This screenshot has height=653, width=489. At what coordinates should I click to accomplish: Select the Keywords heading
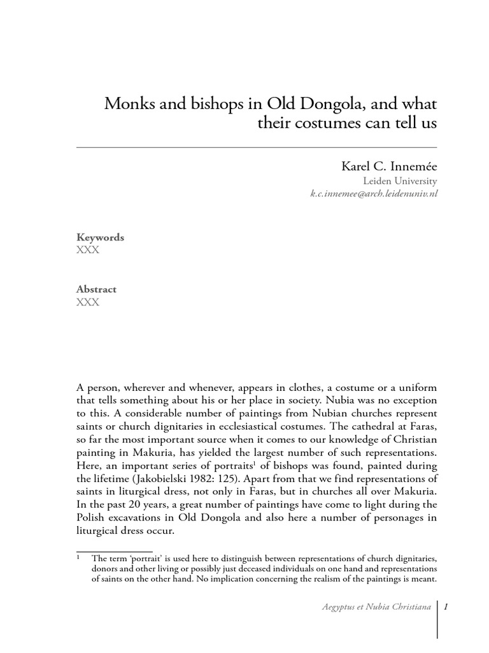[100, 237]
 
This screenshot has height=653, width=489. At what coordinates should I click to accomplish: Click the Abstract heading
[97, 289]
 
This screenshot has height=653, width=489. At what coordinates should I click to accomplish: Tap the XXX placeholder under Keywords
[87, 250]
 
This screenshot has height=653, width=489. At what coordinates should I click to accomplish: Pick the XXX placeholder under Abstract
[87, 302]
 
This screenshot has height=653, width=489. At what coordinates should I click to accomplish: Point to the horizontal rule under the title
[257, 147]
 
